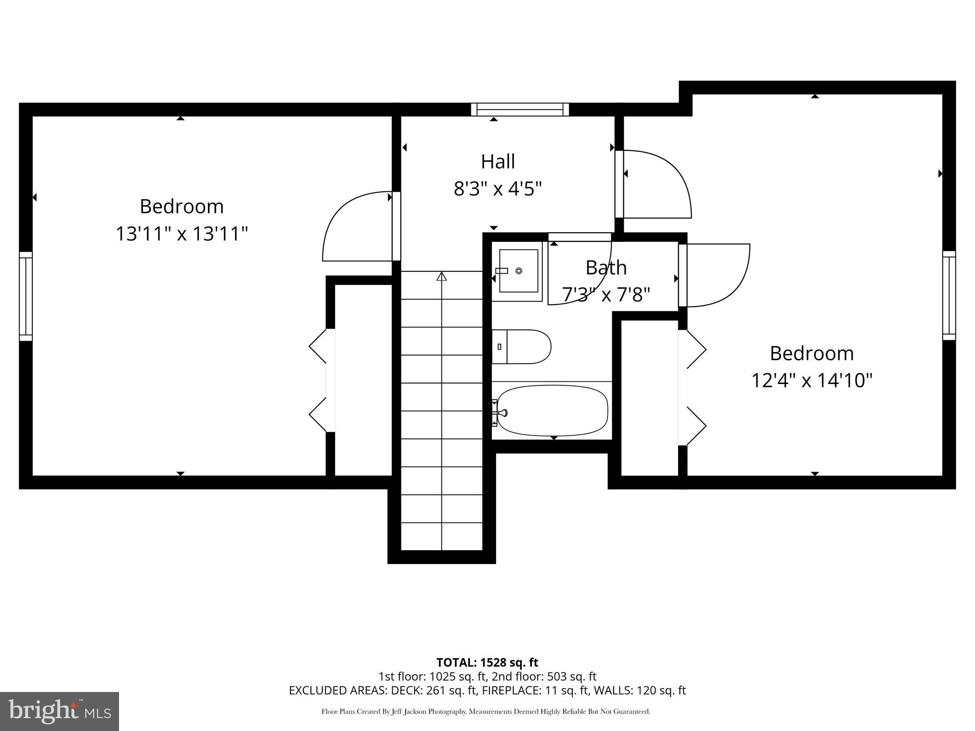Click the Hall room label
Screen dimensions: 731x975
(x=497, y=162)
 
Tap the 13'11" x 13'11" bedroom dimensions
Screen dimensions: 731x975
(x=182, y=234)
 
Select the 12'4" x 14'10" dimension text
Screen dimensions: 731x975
(x=812, y=381)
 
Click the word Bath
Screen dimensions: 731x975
(x=606, y=268)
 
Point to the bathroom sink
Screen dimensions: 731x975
(x=517, y=271)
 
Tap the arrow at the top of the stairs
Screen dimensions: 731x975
(x=442, y=276)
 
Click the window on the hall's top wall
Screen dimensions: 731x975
(x=520, y=110)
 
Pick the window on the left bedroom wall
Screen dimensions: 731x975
(x=26, y=296)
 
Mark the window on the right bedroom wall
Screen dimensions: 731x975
(x=949, y=295)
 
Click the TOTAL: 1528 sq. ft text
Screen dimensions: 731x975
(x=487, y=662)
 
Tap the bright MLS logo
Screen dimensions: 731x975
(x=60, y=711)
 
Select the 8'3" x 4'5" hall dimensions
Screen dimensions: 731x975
(x=497, y=189)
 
